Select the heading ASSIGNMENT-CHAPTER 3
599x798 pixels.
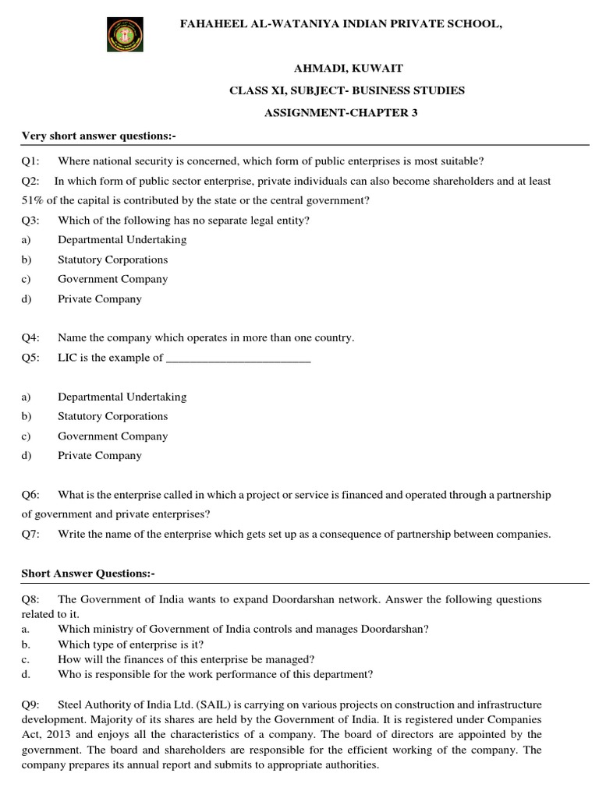click(342, 113)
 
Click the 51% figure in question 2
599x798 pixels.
click(34, 200)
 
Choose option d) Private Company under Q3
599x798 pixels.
click(99, 298)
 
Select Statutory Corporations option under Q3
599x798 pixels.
click(112, 260)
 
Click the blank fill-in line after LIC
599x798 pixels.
click(239, 358)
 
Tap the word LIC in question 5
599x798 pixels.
click(67, 358)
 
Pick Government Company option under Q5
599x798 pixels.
click(112, 436)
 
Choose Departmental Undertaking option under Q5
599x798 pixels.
click(122, 397)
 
